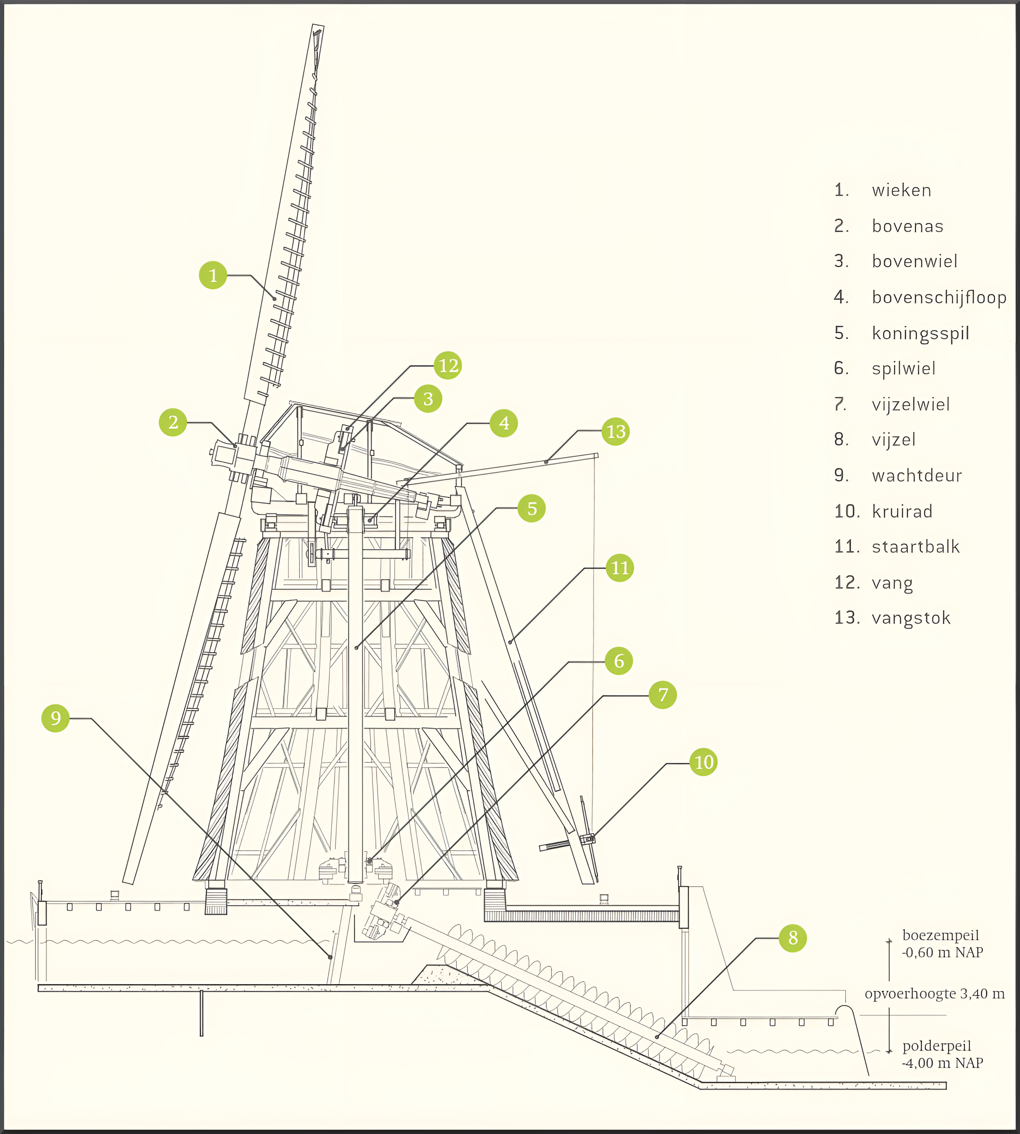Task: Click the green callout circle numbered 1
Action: [213, 275]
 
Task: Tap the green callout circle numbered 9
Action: [55, 718]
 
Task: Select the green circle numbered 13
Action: [615, 432]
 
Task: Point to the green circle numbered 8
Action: [792, 938]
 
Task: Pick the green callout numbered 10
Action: [703, 762]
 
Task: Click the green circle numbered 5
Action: [532, 508]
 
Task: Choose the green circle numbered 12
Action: [448, 366]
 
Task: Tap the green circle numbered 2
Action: [173, 422]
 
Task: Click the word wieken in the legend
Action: [901, 191]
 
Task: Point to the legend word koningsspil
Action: [920, 333]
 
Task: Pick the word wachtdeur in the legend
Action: [916, 475]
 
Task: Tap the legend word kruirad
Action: [902, 511]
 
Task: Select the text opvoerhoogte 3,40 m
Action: [934, 994]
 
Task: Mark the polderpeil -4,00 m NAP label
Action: [942, 1054]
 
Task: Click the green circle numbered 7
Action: [663, 695]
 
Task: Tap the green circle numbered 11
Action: [619, 568]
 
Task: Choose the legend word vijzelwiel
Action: [911, 404]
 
